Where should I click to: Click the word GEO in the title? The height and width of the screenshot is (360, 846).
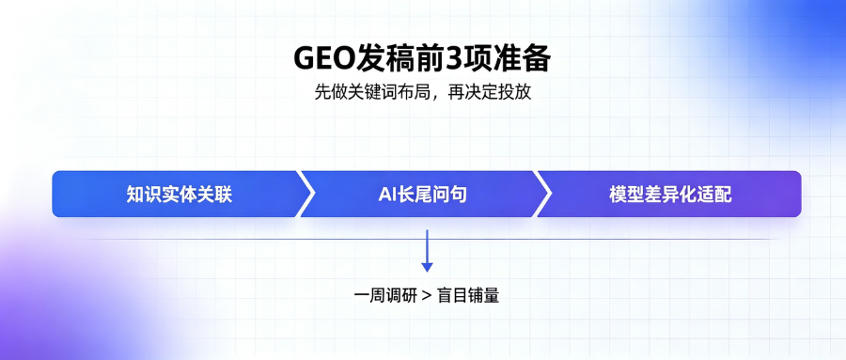pyautogui.click(x=323, y=59)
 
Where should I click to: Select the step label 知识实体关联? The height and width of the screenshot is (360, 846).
pyautogui.click(x=180, y=195)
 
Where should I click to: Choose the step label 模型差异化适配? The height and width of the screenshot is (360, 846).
pyautogui.click(x=670, y=195)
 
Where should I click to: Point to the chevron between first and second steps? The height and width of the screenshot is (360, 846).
pyautogui.click(x=305, y=194)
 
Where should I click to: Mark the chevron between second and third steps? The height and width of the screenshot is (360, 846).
pyautogui.click(x=543, y=194)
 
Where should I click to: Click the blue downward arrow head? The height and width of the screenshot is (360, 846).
pyautogui.click(x=427, y=267)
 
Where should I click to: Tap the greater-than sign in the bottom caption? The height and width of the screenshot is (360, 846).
pyautogui.click(x=427, y=296)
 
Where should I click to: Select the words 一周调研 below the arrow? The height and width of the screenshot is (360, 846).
pyautogui.click(x=385, y=296)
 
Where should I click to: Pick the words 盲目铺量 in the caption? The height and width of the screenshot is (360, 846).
pyautogui.click(x=468, y=296)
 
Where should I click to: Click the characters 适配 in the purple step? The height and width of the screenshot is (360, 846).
pyautogui.click(x=714, y=195)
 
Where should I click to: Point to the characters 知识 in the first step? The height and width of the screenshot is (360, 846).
pyautogui.click(x=144, y=195)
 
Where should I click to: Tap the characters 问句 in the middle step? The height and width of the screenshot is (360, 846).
pyautogui.click(x=450, y=195)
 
